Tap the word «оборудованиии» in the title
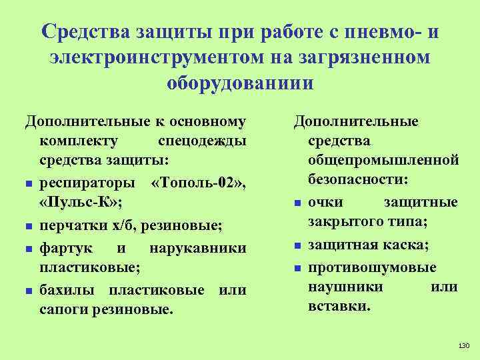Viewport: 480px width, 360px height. (239, 85)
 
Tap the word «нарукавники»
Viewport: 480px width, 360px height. (197, 248)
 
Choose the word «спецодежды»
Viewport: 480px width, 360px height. (201, 141)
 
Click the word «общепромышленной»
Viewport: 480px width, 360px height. (383, 160)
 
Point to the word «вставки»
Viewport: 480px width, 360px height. (339, 306)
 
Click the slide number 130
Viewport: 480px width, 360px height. (465, 345)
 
